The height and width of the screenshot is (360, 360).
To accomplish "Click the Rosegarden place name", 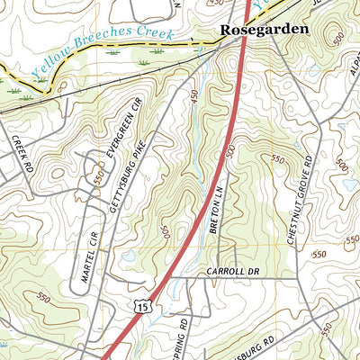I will [264, 29].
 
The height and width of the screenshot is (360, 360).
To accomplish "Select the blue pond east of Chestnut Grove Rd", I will [349, 184].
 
